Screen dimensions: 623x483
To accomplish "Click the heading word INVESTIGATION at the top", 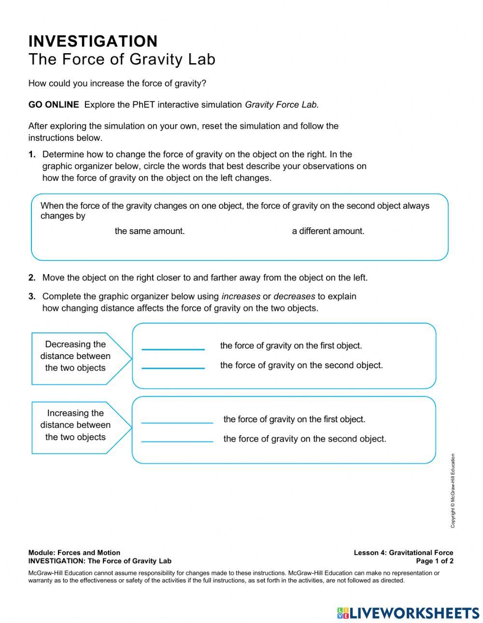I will [x=93, y=42].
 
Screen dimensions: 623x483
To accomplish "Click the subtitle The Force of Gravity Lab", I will [x=122, y=59].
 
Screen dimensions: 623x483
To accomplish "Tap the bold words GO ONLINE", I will [x=54, y=105].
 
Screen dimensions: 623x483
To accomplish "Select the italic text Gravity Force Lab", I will [x=282, y=105].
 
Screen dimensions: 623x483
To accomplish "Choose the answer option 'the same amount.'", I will [x=150, y=231].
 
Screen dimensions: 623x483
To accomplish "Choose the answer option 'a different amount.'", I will [x=328, y=231].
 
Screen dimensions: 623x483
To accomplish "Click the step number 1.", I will [x=32, y=155].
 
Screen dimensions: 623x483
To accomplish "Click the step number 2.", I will [x=32, y=278].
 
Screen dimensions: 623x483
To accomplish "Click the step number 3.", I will [x=32, y=296].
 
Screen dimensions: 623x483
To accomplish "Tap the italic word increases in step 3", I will [x=241, y=296].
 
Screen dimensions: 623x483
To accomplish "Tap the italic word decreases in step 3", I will [x=294, y=296].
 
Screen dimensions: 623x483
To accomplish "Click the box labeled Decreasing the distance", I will [x=75, y=357].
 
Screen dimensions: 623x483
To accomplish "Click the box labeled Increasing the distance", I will [x=75, y=425].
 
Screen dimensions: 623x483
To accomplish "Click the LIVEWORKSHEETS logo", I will [x=408, y=612].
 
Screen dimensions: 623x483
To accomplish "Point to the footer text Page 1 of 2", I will [x=434, y=561].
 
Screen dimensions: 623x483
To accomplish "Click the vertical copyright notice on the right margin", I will [x=453, y=490].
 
